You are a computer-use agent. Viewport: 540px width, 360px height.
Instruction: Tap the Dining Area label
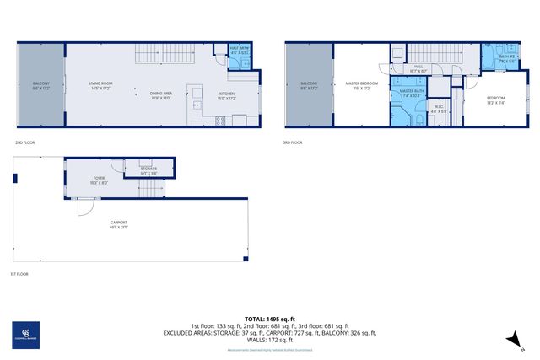click(161, 94)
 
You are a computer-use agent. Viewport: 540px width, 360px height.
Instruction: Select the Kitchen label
click(227, 94)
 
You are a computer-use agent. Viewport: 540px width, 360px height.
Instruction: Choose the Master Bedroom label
click(361, 85)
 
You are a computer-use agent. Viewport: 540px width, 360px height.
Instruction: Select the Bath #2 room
click(507, 59)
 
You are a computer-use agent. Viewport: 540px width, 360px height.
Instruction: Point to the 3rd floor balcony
click(309, 85)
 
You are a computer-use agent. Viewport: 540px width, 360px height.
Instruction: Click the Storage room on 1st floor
click(148, 171)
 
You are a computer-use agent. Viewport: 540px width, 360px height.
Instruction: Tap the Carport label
click(118, 225)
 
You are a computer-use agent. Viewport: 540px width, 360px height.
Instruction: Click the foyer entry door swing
click(88, 207)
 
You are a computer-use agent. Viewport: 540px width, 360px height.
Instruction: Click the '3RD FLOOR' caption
click(293, 142)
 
